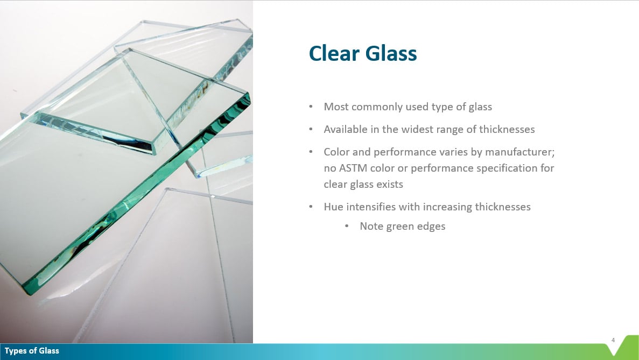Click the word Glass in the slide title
pyautogui.click(x=391, y=54)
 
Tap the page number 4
pyautogui.click(x=613, y=340)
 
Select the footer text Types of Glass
pyautogui.click(x=32, y=351)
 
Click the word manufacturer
pyautogui.click(x=518, y=152)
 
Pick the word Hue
pyautogui.click(x=334, y=207)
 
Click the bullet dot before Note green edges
pyautogui.click(x=347, y=227)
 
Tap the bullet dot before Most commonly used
pyautogui.click(x=311, y=107)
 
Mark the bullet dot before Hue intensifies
pyautogui.click(x=311, y=207)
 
